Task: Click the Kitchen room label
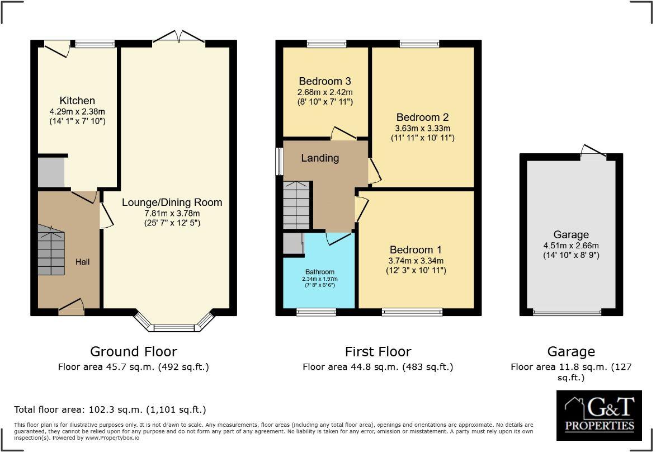pyautogui.click(x=77, y=101)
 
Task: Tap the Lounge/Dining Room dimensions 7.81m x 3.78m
pyautogui.click(x=172, y=213)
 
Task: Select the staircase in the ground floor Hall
pyautogui.click(x=51, y=250)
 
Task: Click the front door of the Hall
pyautogui.click(x=71, y=306)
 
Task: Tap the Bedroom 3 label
pyautogui.click(x=324, y=81)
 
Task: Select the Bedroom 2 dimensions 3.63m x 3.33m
pyautogui.click(x=422, y=128)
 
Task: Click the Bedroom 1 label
pyautogui.click(x=416, y=249)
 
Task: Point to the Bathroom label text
pyautogui.click(x=319, y=272)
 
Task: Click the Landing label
pyautogui.click(x=320, y=158)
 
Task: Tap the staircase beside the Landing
pyautogui.click(x=296, y=205)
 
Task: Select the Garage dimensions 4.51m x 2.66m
pyautogui.click(x=571, y=245)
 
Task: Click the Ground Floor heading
pyautogui.click(x=134, y=351)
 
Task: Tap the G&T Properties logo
pyautogui.click(x=599, y=415)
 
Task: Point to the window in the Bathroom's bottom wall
pyautogui.click(x=316, y=311)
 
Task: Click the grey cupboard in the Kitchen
pyautogui.click(x=51, y=172)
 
